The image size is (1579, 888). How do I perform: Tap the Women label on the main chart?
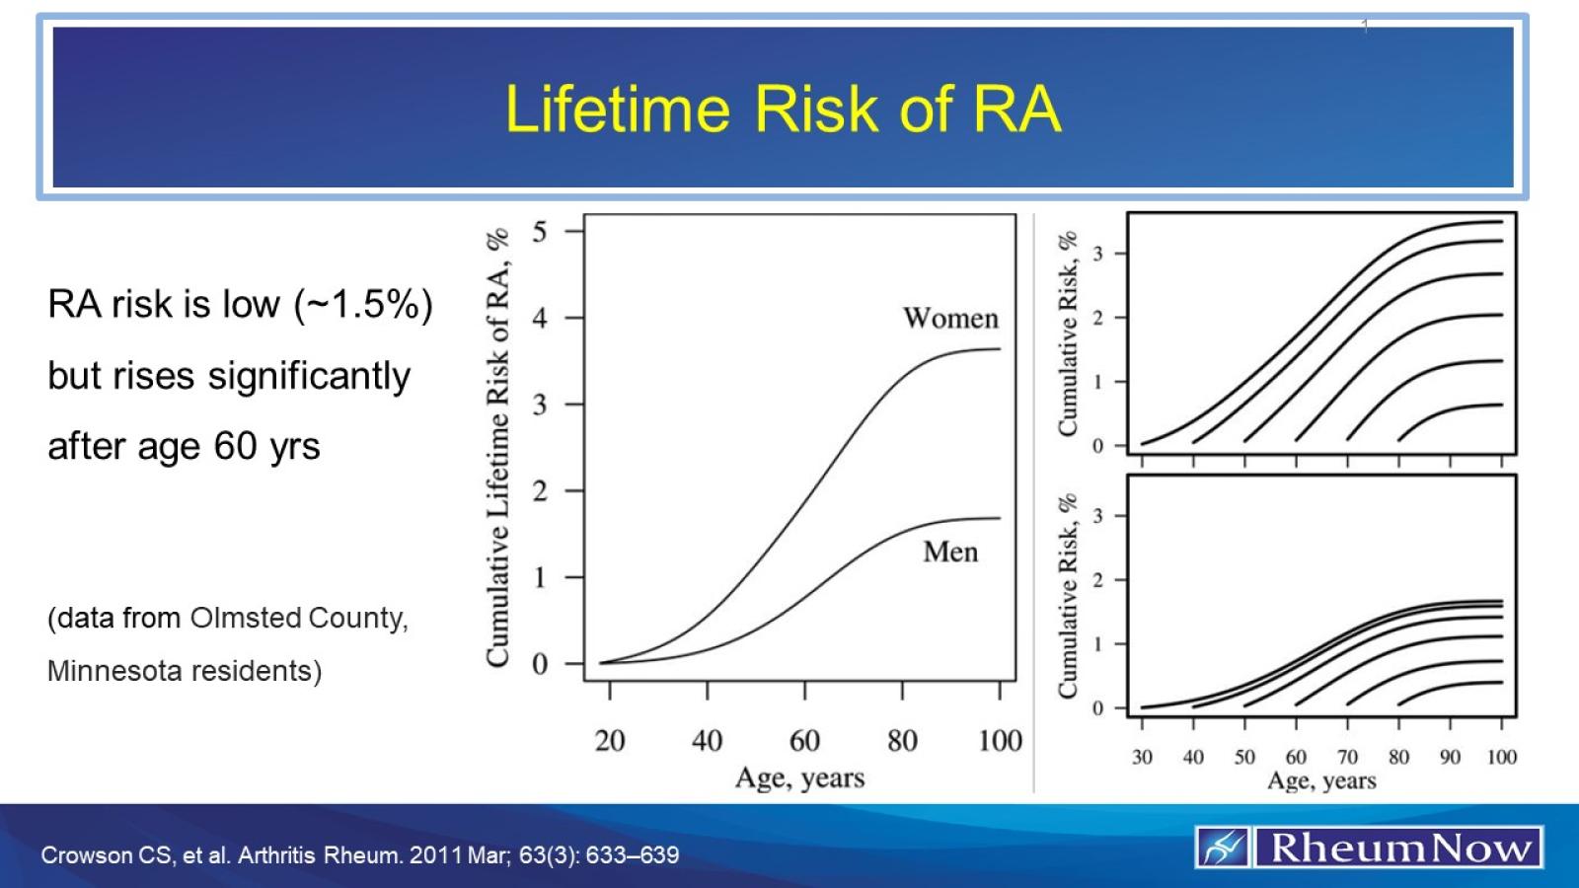pos(950,318)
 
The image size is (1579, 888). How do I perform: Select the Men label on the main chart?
pos(950,552)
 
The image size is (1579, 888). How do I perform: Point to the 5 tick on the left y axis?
pos(540,232)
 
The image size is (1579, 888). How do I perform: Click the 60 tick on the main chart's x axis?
pos(804,740)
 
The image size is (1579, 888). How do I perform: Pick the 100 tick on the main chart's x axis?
pos(999,740)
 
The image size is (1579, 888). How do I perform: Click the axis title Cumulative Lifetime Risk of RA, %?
pos(497,447)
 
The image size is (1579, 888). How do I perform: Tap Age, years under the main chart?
pos(799,777)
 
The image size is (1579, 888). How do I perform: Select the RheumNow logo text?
pos(1399,848)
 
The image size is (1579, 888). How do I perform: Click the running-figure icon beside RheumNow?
pos(1223,848)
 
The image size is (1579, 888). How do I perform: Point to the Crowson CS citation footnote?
pos(359,854)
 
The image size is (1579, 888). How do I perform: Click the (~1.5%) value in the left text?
pos(363,304)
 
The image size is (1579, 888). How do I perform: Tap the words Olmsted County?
pos(298,618)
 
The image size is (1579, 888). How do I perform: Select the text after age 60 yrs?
pos(184,446)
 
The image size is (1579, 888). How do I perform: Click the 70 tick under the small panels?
pos(1347,757)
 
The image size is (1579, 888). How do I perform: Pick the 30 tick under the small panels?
pos(1142,757)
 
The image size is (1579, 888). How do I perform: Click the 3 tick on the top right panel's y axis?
pos(1097,254)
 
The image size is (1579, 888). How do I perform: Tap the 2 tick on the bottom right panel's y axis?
pos(1097,580)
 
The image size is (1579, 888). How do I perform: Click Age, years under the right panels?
pos(1320,780)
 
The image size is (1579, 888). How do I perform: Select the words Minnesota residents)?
pos(185,671)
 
